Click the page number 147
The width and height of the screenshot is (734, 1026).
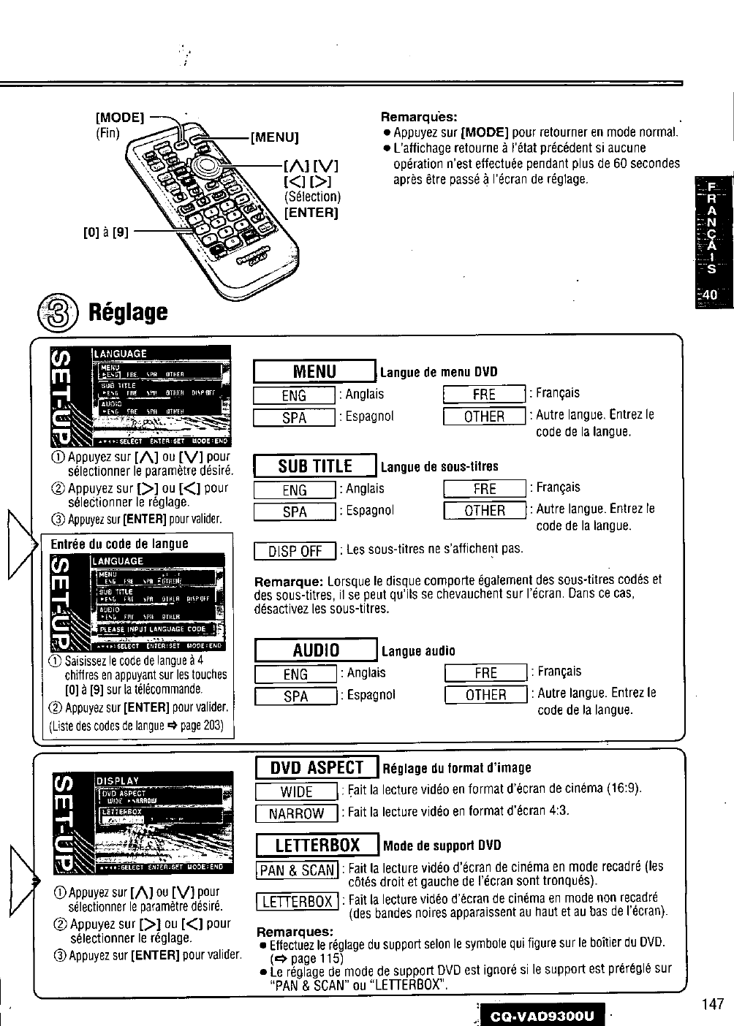pos(711,1003)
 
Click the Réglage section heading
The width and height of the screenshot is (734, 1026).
pos(128,312)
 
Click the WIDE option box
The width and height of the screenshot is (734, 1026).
pos(296,791)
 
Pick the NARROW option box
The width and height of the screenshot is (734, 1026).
pos(296,813)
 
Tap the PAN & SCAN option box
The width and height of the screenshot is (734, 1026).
pos(296,870)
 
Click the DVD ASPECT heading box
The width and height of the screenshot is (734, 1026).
pos(317,767)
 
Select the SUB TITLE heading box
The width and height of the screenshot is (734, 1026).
pos(315,465)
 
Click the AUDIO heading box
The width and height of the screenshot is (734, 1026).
pos(316,650)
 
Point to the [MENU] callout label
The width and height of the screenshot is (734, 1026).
pos(275,137)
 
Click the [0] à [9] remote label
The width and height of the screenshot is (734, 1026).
pos(106,233)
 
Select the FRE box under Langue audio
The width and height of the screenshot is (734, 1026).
pos(485,673)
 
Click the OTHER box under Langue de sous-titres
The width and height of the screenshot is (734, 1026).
pos(485,511)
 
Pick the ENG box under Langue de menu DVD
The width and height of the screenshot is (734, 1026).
pos(294,395)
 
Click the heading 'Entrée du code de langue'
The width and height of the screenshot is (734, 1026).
pos(119,544)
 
